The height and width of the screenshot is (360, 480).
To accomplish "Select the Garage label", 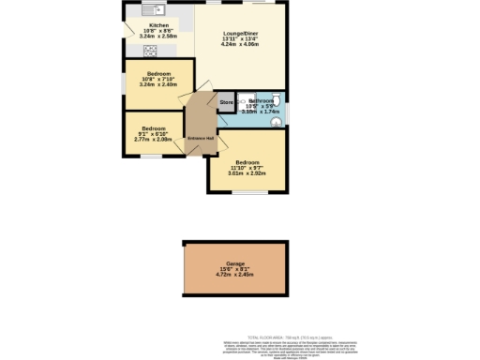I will point(222,263).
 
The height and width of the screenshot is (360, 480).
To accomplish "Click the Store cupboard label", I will point(226,101).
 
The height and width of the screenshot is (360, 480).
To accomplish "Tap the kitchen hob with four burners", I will point(150,50).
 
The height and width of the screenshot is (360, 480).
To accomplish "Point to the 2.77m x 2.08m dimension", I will point(153,140).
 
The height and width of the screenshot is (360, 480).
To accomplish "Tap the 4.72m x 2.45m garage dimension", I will point(222,276).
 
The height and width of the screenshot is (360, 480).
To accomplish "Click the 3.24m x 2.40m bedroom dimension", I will point(157,83).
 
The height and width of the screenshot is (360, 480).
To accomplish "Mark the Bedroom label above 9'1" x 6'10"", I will point(154,128).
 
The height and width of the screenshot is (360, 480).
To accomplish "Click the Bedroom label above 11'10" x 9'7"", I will point(248,161).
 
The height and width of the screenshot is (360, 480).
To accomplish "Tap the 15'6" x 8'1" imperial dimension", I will point(222,270).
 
